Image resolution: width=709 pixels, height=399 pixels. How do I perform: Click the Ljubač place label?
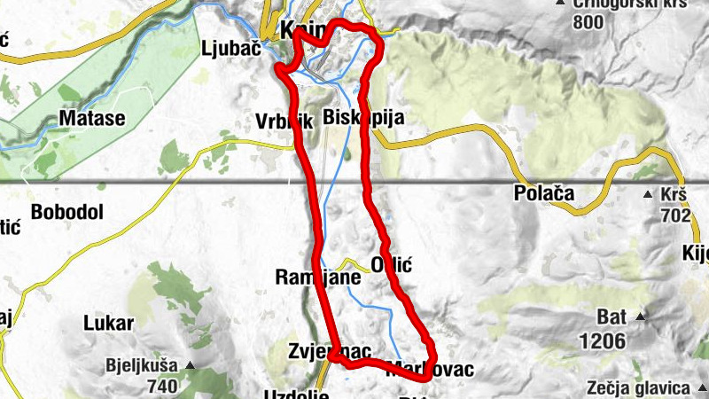tap(230, 48)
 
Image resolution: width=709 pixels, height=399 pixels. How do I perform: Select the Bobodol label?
tap(67, 212)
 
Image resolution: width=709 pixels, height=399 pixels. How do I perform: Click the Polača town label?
tap(544, 192)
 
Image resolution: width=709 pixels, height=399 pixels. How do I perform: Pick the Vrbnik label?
tap(284, 122)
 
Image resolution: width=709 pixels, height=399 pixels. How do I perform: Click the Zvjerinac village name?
tap(329, 351)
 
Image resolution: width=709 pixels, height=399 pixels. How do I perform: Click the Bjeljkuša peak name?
tap(141, 365)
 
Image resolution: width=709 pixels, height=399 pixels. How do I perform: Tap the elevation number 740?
tap(162, 386)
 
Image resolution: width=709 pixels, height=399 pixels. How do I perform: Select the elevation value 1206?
tap(604, 340)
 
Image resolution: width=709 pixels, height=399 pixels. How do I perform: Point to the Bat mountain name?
tap(611, 317)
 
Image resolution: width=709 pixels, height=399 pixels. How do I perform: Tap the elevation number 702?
tap(675, 215)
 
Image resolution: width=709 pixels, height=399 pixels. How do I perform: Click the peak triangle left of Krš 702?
tap(648, 193)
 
